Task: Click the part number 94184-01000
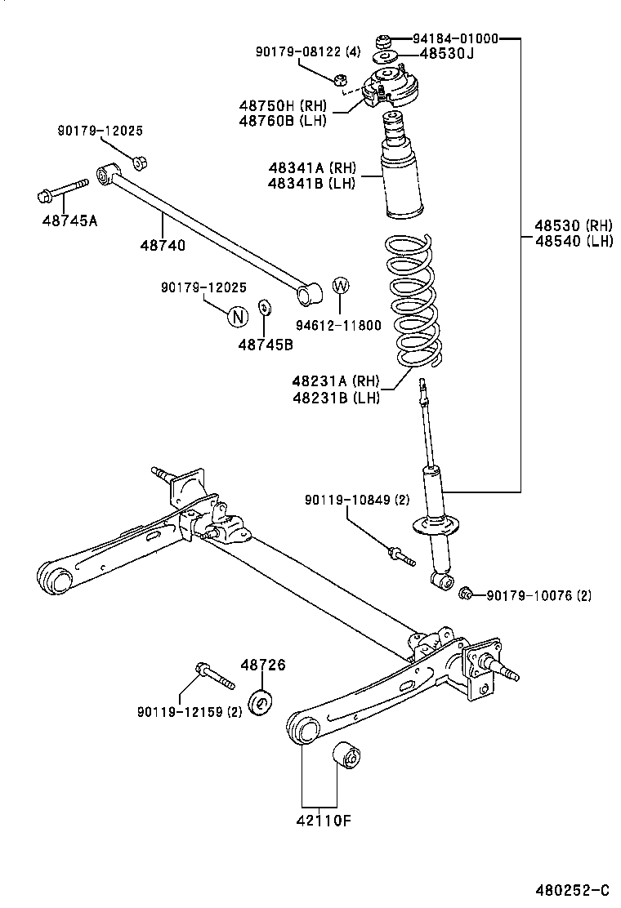click(455, 38)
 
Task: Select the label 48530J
click(446, 54)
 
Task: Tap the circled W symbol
click(341, 286)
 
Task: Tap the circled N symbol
click(235, 316)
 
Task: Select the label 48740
click(162, 245)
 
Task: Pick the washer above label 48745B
click(264, 308)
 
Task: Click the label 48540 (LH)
click(573, 241)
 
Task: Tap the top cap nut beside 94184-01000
click(383, 40)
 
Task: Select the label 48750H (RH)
click(283, 105)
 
